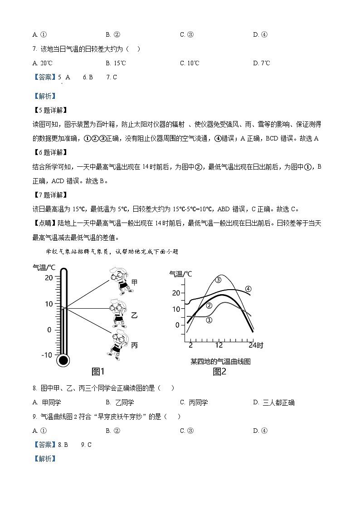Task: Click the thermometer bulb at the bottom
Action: pos(63,360)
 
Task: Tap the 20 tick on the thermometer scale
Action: pos(49,278)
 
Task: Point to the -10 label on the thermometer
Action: pos(47,355)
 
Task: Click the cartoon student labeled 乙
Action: pos(119,313)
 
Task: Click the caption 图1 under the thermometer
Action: pos(98,372)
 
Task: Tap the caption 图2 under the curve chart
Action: pos(219,372)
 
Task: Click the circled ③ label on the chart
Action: pos(218,280)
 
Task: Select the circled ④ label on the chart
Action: pos(248,289)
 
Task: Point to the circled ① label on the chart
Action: pos(209,320)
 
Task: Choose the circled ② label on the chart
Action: pos(209,305)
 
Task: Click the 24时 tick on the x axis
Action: pos(256,345)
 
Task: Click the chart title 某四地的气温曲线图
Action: pos(220,361)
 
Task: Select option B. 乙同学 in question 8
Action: pos(120,402)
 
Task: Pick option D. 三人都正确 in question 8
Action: pos(274,402)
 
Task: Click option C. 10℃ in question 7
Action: pos(190,63)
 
